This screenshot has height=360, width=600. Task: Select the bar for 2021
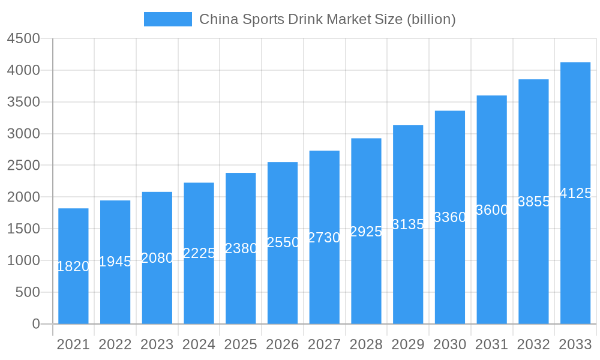pyautogui.click(x=73, y=266)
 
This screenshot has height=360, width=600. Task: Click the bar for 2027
pyautogui.click(x=325, y=238)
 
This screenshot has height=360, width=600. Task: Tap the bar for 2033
pyautogui.click(x=575, y=193)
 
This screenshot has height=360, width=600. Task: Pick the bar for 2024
pyautogui.click(x=199, y=253)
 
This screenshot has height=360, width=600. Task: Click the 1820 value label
pyautogui.click(x=73, y=266)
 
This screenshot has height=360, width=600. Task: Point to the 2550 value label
pyautogui.click(x=283, y=242)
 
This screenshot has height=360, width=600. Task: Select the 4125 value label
pyautogui.click(x=575, y=193)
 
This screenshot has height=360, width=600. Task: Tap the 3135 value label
pyautogui.click(x=408, y=224)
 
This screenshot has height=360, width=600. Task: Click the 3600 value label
pyautogui.click(x=492, y=210)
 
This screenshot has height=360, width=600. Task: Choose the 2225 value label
pyautogui.click(x=199, y=253)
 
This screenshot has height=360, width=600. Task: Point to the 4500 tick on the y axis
pyautogui.click(x=23, y=39)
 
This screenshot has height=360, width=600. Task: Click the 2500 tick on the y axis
pyautogui.click(x=23, y=166)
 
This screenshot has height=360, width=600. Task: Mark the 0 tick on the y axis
pyautogui.click(x=35, y=324)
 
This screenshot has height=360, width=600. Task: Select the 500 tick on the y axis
pyautogui.click(x=28, y=292)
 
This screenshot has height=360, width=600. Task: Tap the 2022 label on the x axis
pyautogui.click(x=115, y=345)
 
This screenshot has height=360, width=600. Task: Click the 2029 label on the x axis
pyautogui.click(x=408, y=345)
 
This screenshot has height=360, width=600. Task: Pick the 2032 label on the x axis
pyautogui.click(x=533, y=345)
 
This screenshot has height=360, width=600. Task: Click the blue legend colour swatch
pyautogui.click(x=168, y=19)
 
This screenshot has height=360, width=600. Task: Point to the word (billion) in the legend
pyautogui.click(x=431, y=19)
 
